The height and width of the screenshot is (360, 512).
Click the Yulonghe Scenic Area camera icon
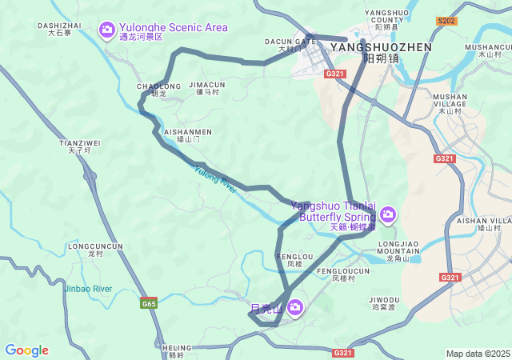(106, 30)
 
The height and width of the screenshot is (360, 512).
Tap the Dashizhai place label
(60, 29)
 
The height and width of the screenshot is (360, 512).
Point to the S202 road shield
(446, 21)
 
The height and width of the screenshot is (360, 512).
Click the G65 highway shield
(149, 303)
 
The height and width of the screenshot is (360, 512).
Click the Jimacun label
(207, 88)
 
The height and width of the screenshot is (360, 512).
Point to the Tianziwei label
(80, 146)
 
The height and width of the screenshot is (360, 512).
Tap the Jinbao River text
(88, 289)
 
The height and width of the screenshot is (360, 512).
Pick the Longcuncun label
(95, 250)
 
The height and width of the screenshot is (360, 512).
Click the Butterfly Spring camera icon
(388, 214)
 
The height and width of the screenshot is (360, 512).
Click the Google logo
(26, 350)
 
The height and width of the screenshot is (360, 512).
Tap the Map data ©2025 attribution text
(478, 354)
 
